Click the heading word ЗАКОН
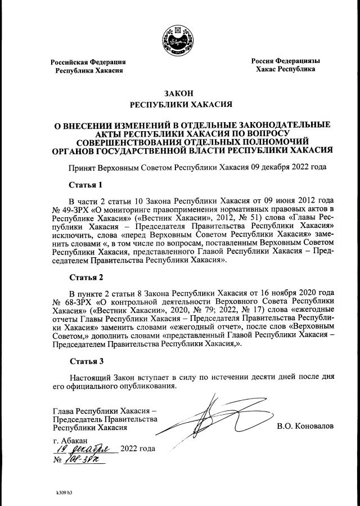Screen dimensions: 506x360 click(x=179, y=93)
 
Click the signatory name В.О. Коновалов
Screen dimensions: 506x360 click(x=305, y=426)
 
